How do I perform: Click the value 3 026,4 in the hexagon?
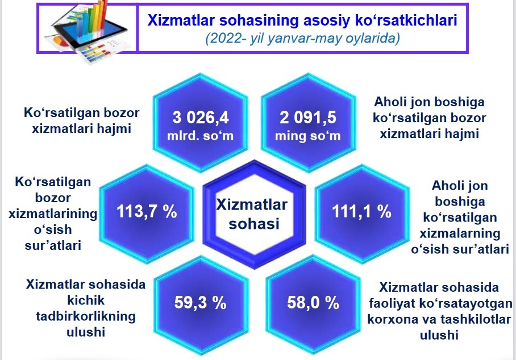tap(201, 118)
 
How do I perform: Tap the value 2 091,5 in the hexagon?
tap(307, 118)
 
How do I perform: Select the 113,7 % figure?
tap(147, 211)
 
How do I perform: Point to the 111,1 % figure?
tap(361, 211)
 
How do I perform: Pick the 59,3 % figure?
tap(201, 303)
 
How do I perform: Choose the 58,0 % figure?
tap(313, 303)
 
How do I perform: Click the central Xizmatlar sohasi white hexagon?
tap(254, 215)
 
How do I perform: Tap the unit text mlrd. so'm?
tap(201, 136)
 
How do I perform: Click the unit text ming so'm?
tap(307, 136)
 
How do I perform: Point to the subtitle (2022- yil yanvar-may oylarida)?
tap(303, 39)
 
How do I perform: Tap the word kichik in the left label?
tap(86, 300)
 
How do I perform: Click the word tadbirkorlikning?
tap(86, 316)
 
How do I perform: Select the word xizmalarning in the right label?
tap(460, 234)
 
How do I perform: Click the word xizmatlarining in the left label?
tap(53, 214)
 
